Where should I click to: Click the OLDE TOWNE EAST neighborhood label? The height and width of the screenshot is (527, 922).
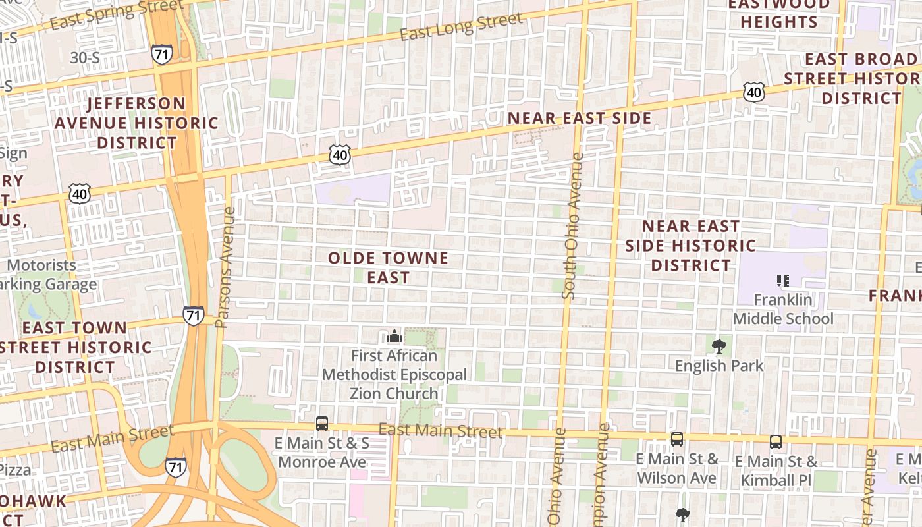(388, 267)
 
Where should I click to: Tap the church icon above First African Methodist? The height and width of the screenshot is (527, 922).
(394, 337)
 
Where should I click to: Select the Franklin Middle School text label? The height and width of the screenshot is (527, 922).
(783, 310)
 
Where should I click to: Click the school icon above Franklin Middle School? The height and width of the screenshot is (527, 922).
(783, 281)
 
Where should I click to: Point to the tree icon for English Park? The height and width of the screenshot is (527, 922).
(719, 346)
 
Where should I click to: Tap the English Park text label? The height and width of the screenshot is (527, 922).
(719, 366)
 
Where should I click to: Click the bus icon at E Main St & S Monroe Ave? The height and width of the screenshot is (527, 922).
(322, 424)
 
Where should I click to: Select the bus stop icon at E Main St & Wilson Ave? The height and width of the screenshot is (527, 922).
(676, 439)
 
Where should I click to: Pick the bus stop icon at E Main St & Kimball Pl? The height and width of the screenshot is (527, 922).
(776, 442)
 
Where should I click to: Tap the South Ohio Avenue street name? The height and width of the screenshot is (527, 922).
(572, 226)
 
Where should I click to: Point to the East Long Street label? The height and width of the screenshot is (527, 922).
(461, 26)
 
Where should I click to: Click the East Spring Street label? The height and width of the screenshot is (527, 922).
(117, 15)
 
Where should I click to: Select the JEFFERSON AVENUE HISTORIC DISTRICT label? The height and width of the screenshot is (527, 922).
(136, 123)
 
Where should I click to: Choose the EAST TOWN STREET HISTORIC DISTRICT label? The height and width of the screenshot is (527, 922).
(76, 347)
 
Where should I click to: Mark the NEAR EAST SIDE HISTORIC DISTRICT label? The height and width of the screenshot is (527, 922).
(690, 246)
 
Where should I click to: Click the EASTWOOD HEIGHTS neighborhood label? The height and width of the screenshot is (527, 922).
(778, 13)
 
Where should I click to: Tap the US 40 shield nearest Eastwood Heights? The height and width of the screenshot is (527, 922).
(754, 92)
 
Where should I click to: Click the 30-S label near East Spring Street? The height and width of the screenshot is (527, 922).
(85, 58)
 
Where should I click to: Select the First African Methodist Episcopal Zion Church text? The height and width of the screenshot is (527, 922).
(394, 375)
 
